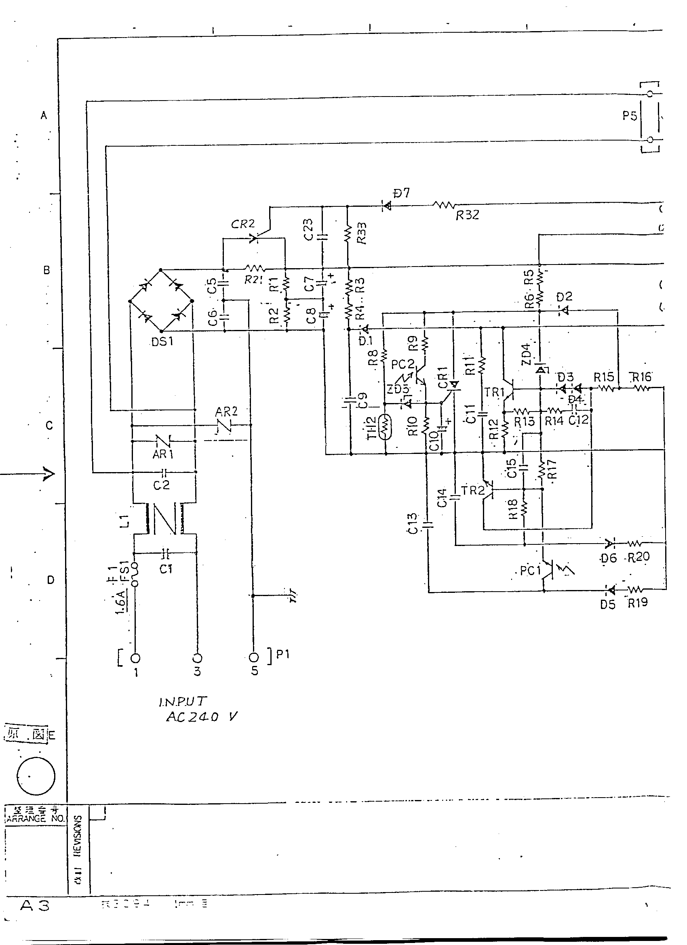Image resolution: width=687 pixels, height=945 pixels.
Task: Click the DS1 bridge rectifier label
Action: [x=162, y=342]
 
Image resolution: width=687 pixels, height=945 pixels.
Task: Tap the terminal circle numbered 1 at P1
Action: [x=135, y=658]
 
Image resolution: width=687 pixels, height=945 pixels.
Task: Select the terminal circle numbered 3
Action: [x=197, y=658]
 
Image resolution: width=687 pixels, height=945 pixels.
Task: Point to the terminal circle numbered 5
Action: [x=253, y=657]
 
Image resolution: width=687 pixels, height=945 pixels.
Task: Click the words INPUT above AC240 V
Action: [x=182, y=701]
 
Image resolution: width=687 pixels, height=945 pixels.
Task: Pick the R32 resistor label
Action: [x=467, y=215]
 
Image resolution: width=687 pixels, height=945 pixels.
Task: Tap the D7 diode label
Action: [x=401, y=193]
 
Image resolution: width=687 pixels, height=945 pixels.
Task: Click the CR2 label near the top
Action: [x=242, y=224]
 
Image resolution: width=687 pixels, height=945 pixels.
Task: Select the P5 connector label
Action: [x=630, y=115]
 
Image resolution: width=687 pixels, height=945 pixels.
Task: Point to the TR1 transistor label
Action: [x=494, y=392]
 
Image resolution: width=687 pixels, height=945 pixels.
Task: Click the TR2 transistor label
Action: [x=473, y=490]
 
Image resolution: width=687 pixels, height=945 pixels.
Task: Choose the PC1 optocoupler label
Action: [x=530, y=570]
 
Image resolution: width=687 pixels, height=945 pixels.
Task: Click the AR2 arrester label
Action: [x=226, y=412]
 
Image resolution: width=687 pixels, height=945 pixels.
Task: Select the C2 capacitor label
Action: [x=161, y=485]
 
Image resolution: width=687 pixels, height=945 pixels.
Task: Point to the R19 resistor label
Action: [x=638, y=603]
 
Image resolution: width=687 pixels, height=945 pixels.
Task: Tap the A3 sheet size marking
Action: [x=35, y=905]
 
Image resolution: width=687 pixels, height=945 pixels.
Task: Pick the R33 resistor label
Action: [x=361, y=233]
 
